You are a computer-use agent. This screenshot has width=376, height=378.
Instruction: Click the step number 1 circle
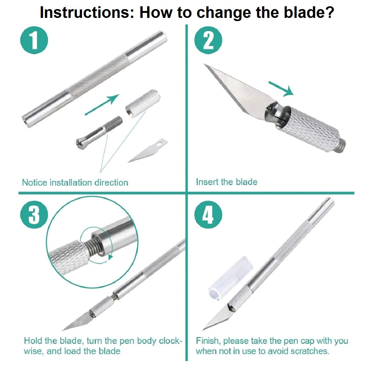coord(34,40)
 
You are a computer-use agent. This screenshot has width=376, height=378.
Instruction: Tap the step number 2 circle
coord(208,40)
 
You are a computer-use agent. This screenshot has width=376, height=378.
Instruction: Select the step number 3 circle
coord(34,215)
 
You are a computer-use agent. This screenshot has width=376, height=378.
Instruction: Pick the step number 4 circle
coord(208,215)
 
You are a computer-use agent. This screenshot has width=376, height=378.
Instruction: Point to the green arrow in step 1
coord(102,105)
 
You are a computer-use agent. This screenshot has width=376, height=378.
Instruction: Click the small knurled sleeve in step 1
coord(143,104)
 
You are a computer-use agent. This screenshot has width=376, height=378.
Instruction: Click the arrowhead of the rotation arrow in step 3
coord(111,256)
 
